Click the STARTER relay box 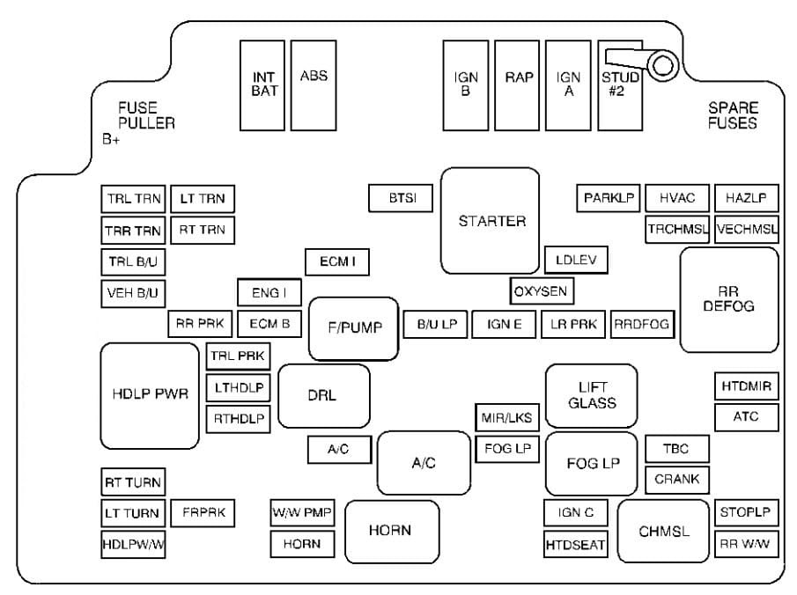pos(490,221)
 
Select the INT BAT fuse pos(264,84)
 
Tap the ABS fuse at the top pos(314,84)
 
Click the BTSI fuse pos(400,199)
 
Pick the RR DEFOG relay pos(729,299)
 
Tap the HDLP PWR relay pos(150,395)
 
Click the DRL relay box pos(323,395)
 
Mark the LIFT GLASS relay pos(592,395)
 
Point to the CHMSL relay pos(663,532)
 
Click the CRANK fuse pos(677,480)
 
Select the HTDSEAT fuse pos(575,545)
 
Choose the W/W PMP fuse pos(302,512)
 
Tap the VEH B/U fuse pos(134,293)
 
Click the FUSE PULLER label pos(146,115)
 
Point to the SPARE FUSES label pos(732,115)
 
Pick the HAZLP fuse pos(746,199)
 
